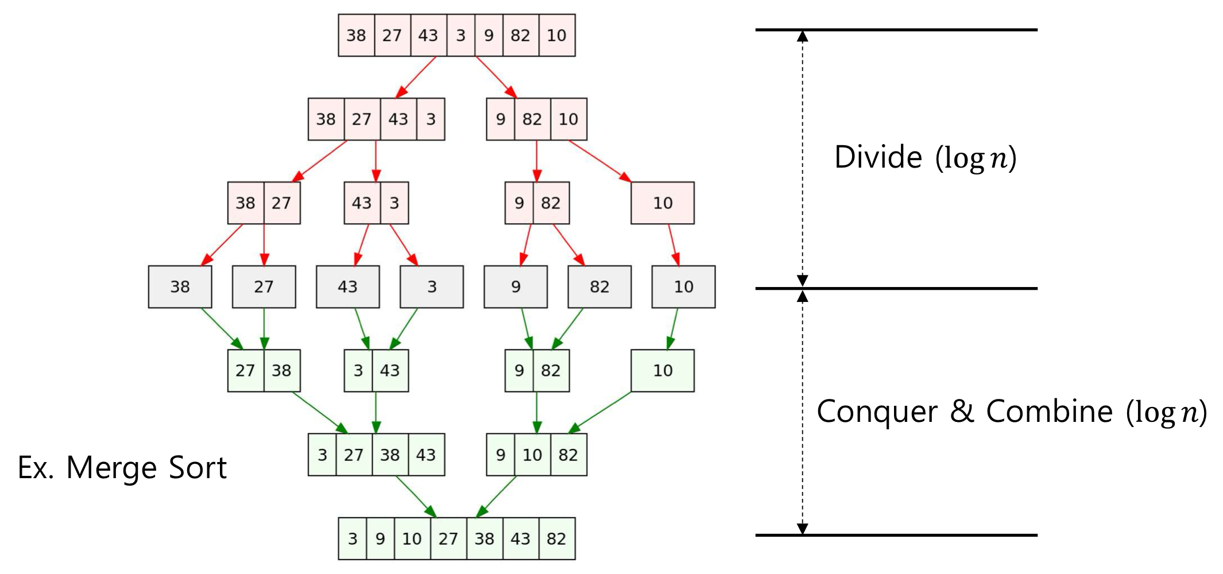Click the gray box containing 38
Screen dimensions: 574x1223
click(x=180, y=286)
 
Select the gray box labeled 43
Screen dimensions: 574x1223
click(x=347, y=286)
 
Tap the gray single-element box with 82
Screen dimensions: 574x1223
click(x=599, y=286)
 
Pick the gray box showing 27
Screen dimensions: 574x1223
click(x=264, y=286)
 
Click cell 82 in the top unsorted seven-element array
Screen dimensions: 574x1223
click(x=520, y=36)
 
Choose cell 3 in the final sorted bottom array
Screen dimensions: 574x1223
click(x=352, y=538)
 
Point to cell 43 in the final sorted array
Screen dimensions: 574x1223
click(x=520, y=538)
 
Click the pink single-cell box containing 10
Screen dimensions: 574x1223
click(x=663, y=203)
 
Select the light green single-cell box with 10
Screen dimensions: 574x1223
click(x=663, y=370)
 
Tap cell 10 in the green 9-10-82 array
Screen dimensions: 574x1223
click(x=532, y=455)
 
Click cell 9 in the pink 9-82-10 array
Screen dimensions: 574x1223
click(x=501, y=119)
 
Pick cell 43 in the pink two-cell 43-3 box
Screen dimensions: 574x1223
click(x=362, y=203)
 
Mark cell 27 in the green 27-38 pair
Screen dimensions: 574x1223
click(x=245, y=370)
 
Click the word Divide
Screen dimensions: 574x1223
click(x=878, y=157)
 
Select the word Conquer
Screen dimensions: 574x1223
click(x=877, y=412)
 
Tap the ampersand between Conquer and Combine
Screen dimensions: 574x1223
click(x=962, y=412)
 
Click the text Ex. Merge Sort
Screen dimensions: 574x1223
click(x=122, y=467)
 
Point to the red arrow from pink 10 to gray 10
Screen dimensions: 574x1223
click(x=674, y=245)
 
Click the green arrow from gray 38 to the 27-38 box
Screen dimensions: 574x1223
click(x=222, y=329)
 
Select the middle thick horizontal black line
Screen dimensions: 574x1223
click(x=896, y=288)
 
